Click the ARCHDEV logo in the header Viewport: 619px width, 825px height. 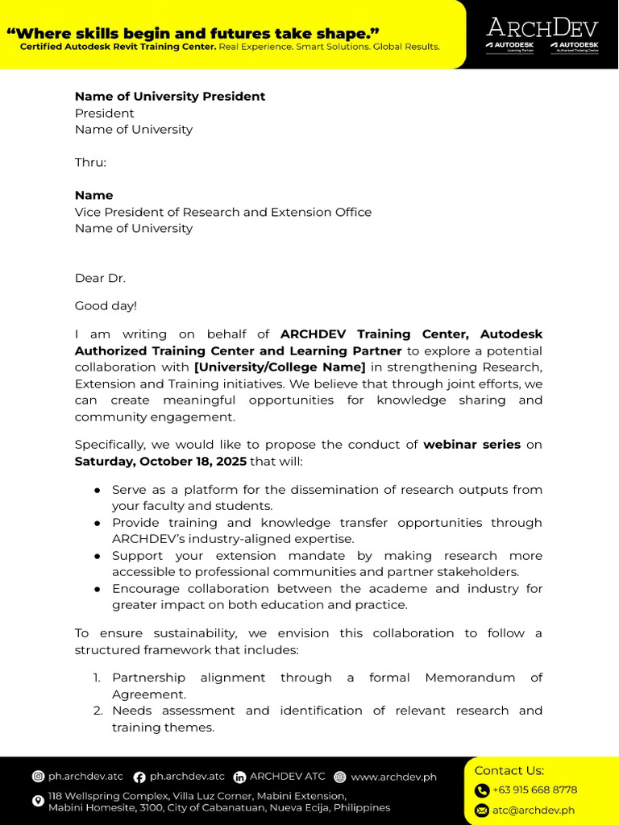click(x=542, y=28)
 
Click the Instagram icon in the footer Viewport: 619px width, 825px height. click(x=38, y=777)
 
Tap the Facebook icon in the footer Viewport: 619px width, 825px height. click(x=139, y=777)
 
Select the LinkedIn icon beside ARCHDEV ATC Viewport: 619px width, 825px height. click(x=239, y=777)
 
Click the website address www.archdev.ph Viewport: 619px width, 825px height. click(x=393, y=777)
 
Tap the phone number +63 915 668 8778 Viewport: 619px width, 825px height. click(x=534, y=790)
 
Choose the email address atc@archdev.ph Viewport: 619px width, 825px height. click(x=533, y=810)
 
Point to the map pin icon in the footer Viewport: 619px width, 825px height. click(x=38, y=801)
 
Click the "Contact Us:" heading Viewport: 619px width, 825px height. click(x=509, y=770)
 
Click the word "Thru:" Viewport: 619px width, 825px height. click(x=90, y=162)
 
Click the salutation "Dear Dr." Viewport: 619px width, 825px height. click(x=101, y=278)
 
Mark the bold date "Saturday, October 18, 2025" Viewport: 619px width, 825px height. click(x=160, y=461)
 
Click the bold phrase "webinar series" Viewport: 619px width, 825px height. click(x=472, y=444)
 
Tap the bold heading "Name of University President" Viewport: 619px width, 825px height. click(x=170, y=96)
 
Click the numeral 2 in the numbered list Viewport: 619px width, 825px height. click(x=97, y=711)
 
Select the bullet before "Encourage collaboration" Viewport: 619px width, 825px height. click(x=97, y=589)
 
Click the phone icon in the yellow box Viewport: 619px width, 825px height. click(x=482, y=790)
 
